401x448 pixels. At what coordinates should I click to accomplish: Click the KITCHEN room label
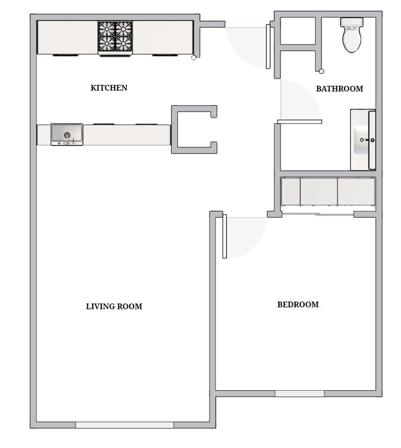(x=109, y=88)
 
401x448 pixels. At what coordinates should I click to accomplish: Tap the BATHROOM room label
(x=339, y=89)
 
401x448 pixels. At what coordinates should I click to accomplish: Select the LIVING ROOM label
(x=114, y=306)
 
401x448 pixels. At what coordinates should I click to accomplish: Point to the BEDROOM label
(x=298, y=305)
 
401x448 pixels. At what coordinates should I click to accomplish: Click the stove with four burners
(x=115, y=37)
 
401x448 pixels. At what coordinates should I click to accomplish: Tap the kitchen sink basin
(x=67, y=134)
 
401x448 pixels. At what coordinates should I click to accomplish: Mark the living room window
(x=125, y=425)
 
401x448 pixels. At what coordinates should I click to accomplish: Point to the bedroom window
(x=300, y=393)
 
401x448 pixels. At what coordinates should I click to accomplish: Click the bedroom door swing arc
(x=246, y=236)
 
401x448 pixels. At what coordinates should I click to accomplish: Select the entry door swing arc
(x=247, y=45)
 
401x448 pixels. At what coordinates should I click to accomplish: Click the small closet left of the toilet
(x=298, y=31)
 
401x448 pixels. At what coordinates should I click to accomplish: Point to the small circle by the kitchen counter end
(x=194, y=58)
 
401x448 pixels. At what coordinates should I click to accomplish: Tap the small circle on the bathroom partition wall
(x=321, y=71)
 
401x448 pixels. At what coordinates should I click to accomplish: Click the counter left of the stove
(x=67, y=37)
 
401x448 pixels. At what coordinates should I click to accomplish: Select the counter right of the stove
(x=162, y=37)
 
